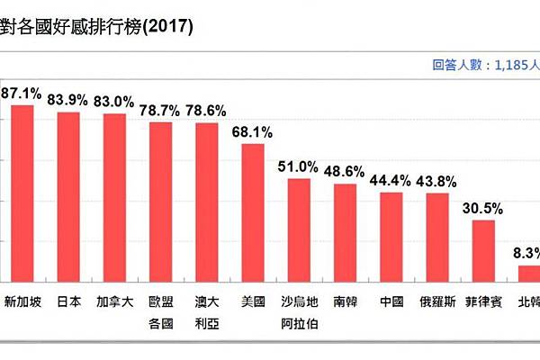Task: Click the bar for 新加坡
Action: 22,193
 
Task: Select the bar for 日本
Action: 68,197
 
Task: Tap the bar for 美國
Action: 253,212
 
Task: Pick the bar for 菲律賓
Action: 484,250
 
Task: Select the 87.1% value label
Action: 21,93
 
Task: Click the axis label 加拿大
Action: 114,301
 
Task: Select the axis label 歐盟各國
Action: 160,310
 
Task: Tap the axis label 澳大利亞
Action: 206,310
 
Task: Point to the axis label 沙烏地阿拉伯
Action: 299,310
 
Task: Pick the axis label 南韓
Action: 345,301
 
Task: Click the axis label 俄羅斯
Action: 437,301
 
